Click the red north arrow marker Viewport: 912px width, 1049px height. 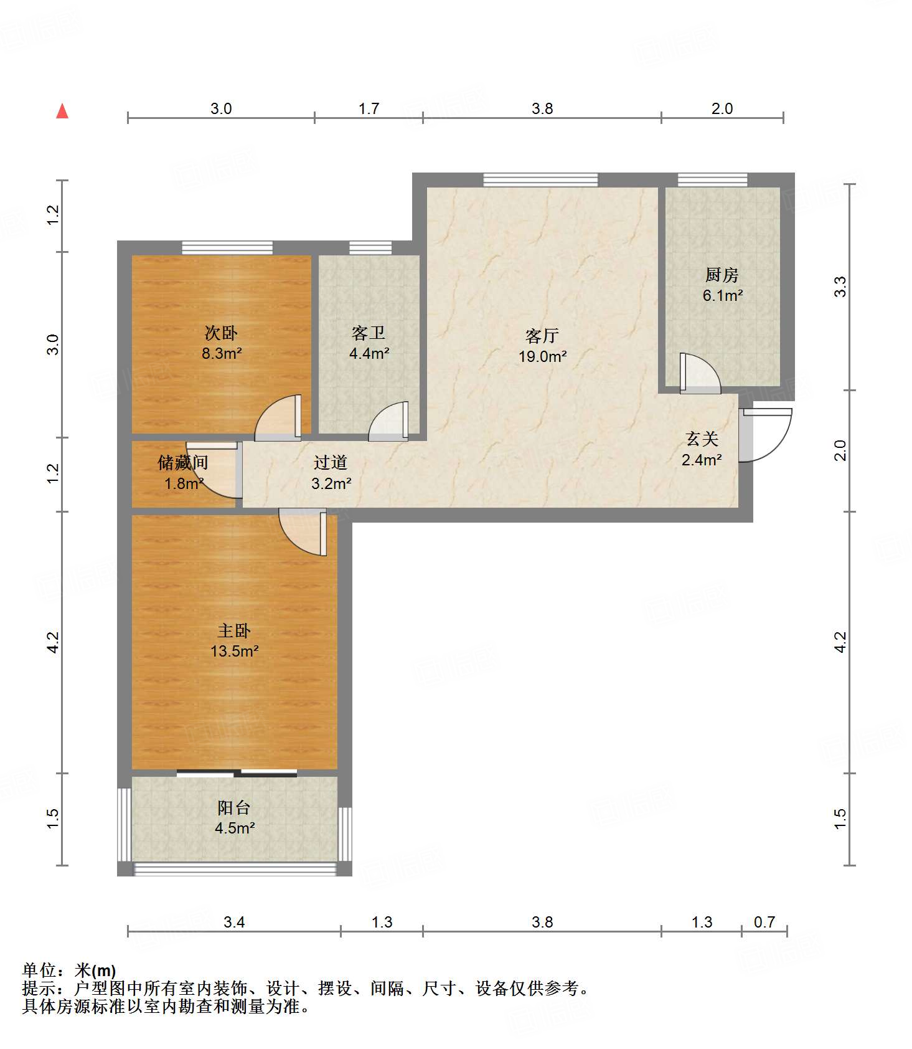click(62, 111)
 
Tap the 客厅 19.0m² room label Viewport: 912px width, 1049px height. click(542, 346)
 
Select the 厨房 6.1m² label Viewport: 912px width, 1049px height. click(722, 285)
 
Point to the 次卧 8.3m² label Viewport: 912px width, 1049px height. click(221, 343)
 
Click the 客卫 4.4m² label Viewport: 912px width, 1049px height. click(369, 343)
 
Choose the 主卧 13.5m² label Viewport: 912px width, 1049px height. click(234, 641)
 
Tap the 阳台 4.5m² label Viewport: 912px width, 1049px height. click(234, 818)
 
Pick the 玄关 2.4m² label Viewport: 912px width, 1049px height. click(702, 450)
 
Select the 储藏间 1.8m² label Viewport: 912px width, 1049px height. click(183, 473)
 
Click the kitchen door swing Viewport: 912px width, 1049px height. click(700, 373)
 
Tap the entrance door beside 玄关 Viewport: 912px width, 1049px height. click(765, 435)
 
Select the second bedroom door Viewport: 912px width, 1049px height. click(278, 417)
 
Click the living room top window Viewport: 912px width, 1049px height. click(540, 180)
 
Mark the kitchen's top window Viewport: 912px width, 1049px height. click(712, 180)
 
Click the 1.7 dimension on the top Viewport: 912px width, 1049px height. click(369, 109)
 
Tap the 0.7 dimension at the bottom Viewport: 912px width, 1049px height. click(764, 922)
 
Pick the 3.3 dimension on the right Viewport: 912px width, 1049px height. click(840, 287)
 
